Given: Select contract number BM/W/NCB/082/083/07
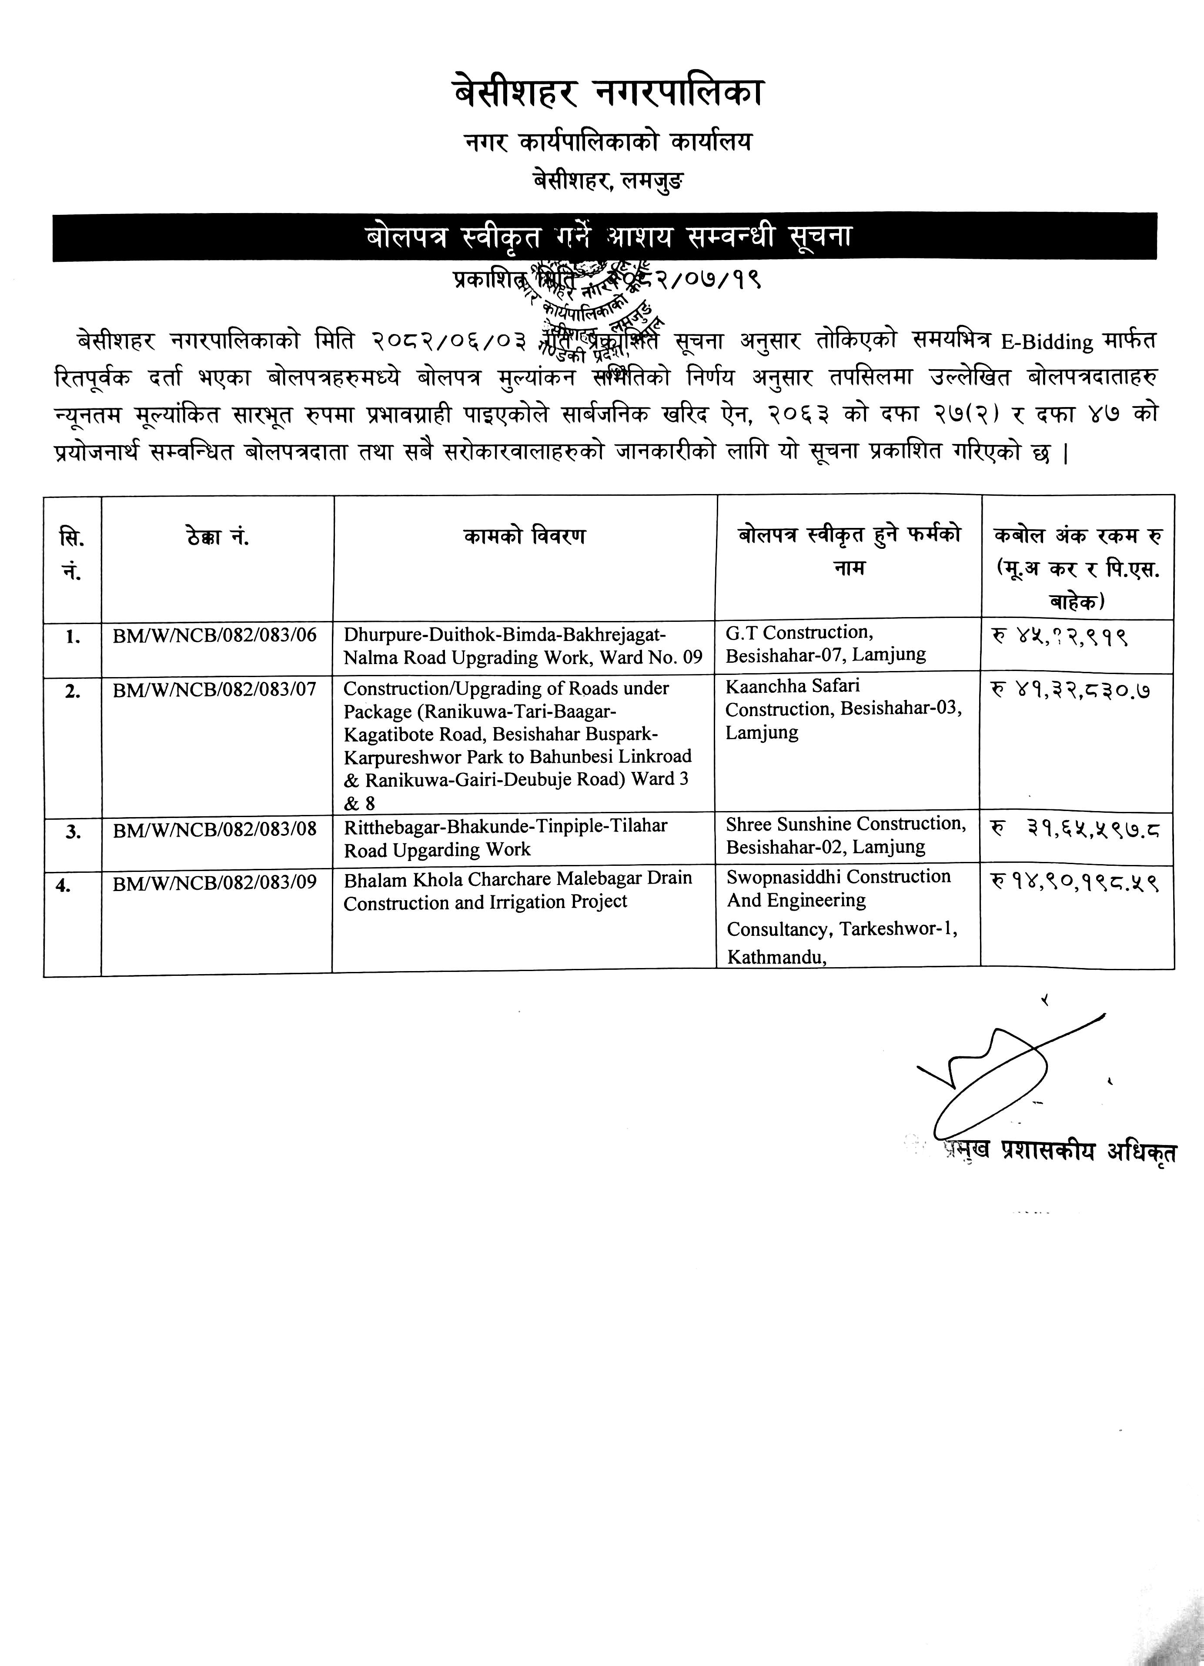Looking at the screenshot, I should pos(214,690).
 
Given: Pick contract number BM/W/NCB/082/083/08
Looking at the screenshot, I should pos(214,828).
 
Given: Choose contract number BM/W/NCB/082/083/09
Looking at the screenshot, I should pos(214,882).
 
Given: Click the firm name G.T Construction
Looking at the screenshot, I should pos(799,632).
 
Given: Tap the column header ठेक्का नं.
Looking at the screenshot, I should pos(217,538).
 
